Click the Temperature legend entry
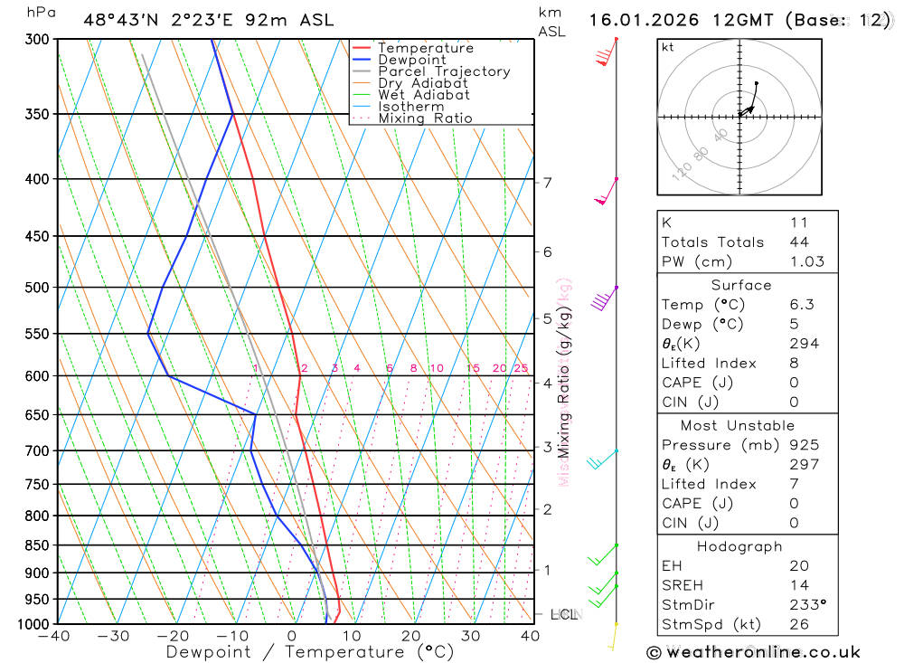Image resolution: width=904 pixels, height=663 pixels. click(425, 48)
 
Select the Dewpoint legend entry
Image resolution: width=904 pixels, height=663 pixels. click(411, 60)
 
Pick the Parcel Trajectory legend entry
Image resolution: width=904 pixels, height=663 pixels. click(444, 71)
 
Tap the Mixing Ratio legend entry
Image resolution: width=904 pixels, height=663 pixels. click(425, 118)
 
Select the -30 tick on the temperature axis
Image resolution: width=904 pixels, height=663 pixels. click(114, 636)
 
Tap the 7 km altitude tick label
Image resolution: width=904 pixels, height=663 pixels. click(547, 183)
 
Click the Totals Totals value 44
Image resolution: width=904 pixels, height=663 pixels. click(799, 242)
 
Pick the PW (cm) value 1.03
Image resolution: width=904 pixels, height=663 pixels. click(806, 261)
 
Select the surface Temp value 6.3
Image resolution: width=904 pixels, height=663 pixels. click(802, 305)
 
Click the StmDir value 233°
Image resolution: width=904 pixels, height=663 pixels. click(806, 605)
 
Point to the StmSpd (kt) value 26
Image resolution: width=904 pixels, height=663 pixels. click(799, 624)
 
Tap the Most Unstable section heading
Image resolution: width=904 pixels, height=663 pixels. click(739, 425)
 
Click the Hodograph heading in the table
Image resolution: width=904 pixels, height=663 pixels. click(739, 546)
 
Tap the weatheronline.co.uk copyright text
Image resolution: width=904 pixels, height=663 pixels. click(754, 651)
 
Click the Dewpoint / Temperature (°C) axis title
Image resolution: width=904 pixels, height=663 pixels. click(309, 652)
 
